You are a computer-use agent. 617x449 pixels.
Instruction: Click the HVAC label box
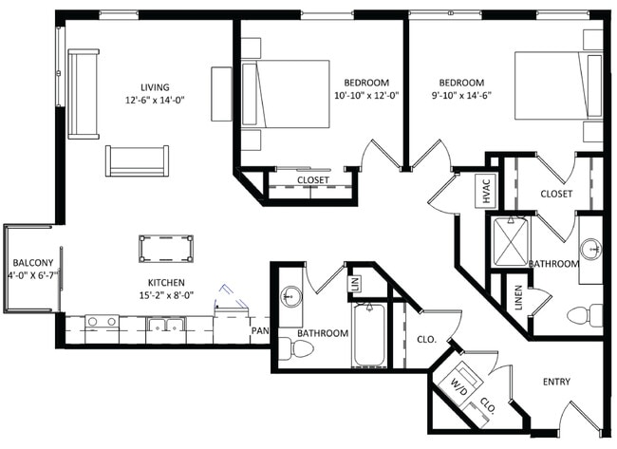coord(487,191)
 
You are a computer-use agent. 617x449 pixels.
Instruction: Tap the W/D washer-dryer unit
coord(460,382)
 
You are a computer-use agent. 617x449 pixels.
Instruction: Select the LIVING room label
coord(155,87)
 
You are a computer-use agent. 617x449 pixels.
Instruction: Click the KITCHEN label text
coord(166,283)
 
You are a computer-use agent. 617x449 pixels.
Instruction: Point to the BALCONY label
coord(33,263)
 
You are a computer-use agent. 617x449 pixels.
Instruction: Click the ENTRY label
coord(556,382)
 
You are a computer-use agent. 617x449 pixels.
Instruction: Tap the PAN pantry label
coord(260,330)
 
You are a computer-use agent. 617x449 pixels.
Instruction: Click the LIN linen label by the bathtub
coord(355,283)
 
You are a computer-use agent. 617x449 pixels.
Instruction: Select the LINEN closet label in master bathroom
coord(518,297)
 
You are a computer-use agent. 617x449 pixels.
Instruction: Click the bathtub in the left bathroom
coord(369,335)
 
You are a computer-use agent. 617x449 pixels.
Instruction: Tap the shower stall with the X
coord(511,241)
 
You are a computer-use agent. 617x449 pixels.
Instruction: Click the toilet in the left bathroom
coord(296,349)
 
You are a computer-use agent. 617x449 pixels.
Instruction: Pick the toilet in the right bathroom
coord(585,315)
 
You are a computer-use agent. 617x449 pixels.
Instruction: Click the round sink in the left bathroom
coord(291,296)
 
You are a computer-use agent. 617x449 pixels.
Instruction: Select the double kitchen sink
coord(166,325)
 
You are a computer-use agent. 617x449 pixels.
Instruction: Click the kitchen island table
coord(166,249)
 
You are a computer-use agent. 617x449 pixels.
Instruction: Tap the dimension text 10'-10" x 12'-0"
coord(366,96)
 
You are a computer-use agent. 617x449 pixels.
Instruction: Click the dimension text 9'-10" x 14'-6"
coord(461,96)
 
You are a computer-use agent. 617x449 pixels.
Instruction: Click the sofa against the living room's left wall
coord(83,94)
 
